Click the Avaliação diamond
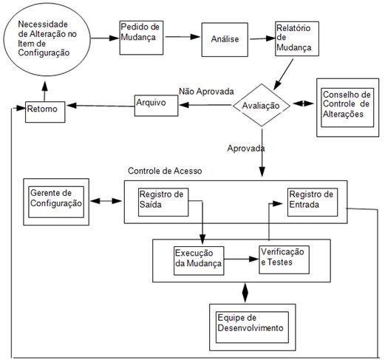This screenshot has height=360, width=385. coord(261,106)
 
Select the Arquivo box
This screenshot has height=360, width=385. coord(156,105)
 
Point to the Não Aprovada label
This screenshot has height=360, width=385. coord(205,92)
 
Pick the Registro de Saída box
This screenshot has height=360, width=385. coord(161,200)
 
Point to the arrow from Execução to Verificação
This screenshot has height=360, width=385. coord(242,259)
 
